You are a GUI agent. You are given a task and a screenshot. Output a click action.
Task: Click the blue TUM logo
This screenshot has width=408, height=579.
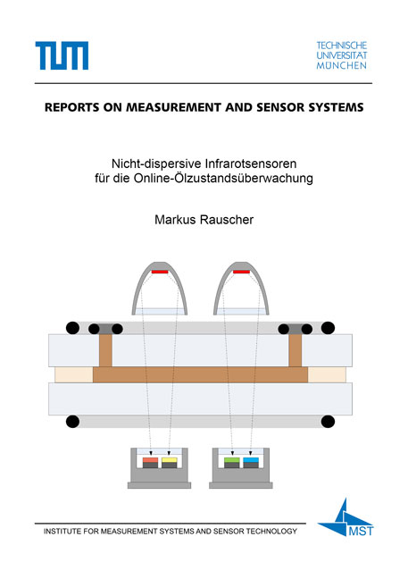tap(62, 55)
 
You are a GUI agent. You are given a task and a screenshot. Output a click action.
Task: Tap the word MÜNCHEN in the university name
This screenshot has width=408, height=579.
tap(342, 66)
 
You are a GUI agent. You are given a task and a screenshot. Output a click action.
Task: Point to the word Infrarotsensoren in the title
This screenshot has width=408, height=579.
tap(251, 164)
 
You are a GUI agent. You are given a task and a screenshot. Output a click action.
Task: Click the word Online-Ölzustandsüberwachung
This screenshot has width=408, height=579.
tap(223, 178)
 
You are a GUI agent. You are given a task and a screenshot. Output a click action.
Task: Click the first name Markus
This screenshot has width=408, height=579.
tap(175, 220)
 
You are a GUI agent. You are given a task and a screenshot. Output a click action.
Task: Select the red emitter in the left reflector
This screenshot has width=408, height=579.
tap(160, 272)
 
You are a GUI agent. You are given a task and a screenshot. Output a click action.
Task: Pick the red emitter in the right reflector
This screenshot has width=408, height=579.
tap(241, 272)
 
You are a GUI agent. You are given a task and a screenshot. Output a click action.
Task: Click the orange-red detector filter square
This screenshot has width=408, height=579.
tap(150, 460)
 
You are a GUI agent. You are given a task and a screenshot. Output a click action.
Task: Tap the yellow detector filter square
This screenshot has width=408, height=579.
tap(170, 460)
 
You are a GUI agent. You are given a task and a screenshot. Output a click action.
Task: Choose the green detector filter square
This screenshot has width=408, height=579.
tap(231, 460)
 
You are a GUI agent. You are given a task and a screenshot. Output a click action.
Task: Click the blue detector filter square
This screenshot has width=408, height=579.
tap(251, 460)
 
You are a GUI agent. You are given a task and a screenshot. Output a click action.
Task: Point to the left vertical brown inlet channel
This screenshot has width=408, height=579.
tap(105, 350)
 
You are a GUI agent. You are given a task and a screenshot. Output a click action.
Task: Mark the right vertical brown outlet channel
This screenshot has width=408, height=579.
tap(296, 350)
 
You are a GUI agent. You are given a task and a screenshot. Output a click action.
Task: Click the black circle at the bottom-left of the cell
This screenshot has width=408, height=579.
tap(72, 422)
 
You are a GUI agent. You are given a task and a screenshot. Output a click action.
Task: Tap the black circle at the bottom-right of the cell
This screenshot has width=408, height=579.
tap(328, 422)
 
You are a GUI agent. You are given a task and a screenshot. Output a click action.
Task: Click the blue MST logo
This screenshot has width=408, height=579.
tap(346, 517)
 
